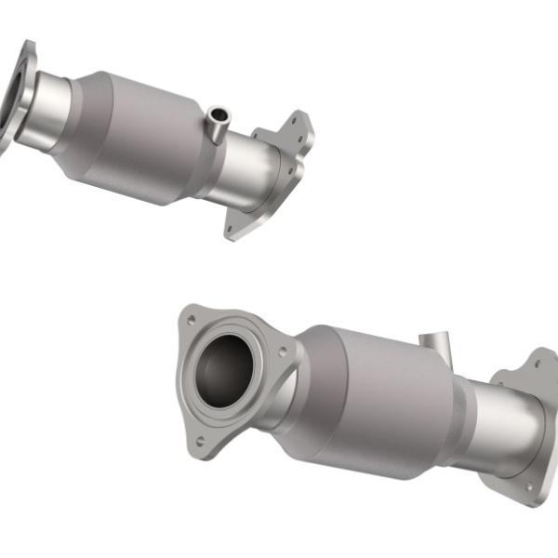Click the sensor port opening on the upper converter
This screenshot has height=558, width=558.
[218, 114]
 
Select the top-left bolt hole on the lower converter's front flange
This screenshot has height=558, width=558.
[191, 320]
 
